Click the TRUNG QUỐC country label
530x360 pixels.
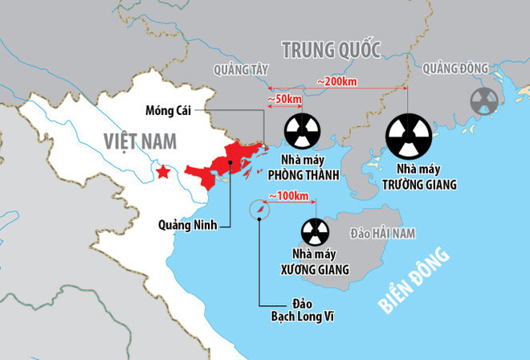pyautogui.click(x=331, y=50)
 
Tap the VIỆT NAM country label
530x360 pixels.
pyautogui.click(x=139, y=141)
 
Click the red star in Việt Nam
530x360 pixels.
pyautogui.click(x=164, y=172)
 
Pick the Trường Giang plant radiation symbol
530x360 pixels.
pyautogui.click(x=409, y=135)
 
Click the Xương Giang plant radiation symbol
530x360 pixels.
pyautogui.click(x=315, y=232)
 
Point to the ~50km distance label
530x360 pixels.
pyautogui.click(x=284, y=99)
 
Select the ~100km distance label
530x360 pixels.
pyautogui.click(x=290, y=196)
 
